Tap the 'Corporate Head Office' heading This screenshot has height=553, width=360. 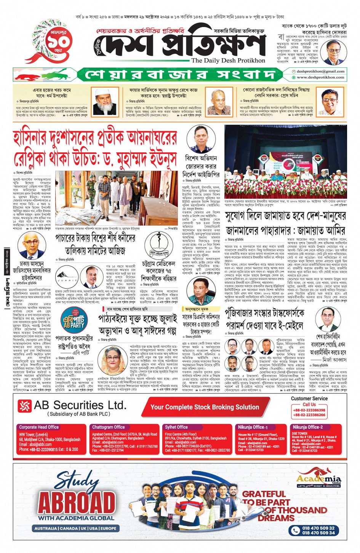tap(39, 427)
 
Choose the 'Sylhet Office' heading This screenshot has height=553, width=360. tap(176, 427)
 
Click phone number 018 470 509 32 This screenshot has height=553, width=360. tap(318, 528)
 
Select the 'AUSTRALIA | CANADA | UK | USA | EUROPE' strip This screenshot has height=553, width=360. tap(75, 528)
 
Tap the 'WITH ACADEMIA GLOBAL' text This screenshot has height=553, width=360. tap(76, 518)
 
